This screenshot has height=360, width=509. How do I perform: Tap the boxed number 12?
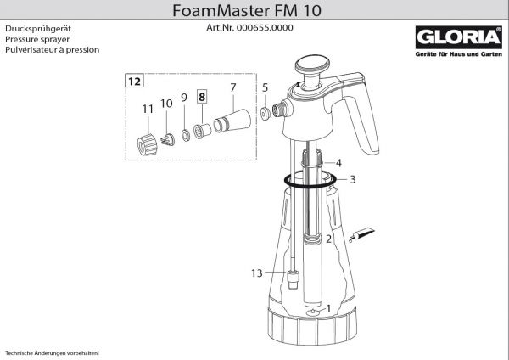[134, 81]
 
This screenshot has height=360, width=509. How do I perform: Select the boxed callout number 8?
[202, 97]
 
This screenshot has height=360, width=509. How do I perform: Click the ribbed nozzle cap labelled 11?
[147, 144]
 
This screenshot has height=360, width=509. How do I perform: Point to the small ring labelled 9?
[186, 135]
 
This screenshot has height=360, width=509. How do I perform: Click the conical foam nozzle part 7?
[232, 121]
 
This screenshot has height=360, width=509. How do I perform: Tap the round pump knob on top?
[312, 64]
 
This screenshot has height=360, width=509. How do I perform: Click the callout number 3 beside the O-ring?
[353, 179]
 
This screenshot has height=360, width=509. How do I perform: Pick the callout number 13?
[256, 273]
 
